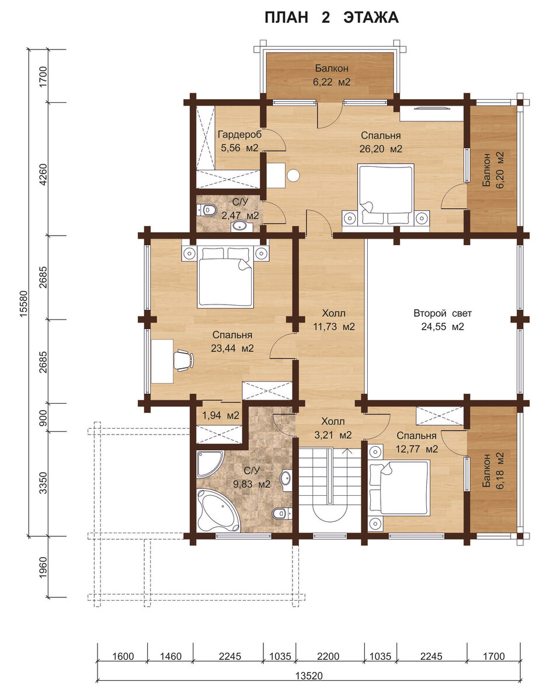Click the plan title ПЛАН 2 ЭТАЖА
click(331, 17)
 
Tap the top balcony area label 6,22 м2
click(332, 82)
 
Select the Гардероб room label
click(239, 134)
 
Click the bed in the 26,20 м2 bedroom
click(386, 194)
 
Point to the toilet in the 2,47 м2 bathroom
click(207, 211)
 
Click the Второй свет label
click(443, 313)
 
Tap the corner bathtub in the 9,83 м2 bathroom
click(218, 510)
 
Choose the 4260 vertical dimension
click(43, 173)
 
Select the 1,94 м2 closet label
click(220, 415)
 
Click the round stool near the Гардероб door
click(293, 176)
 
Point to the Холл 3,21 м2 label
click(333, 428)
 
